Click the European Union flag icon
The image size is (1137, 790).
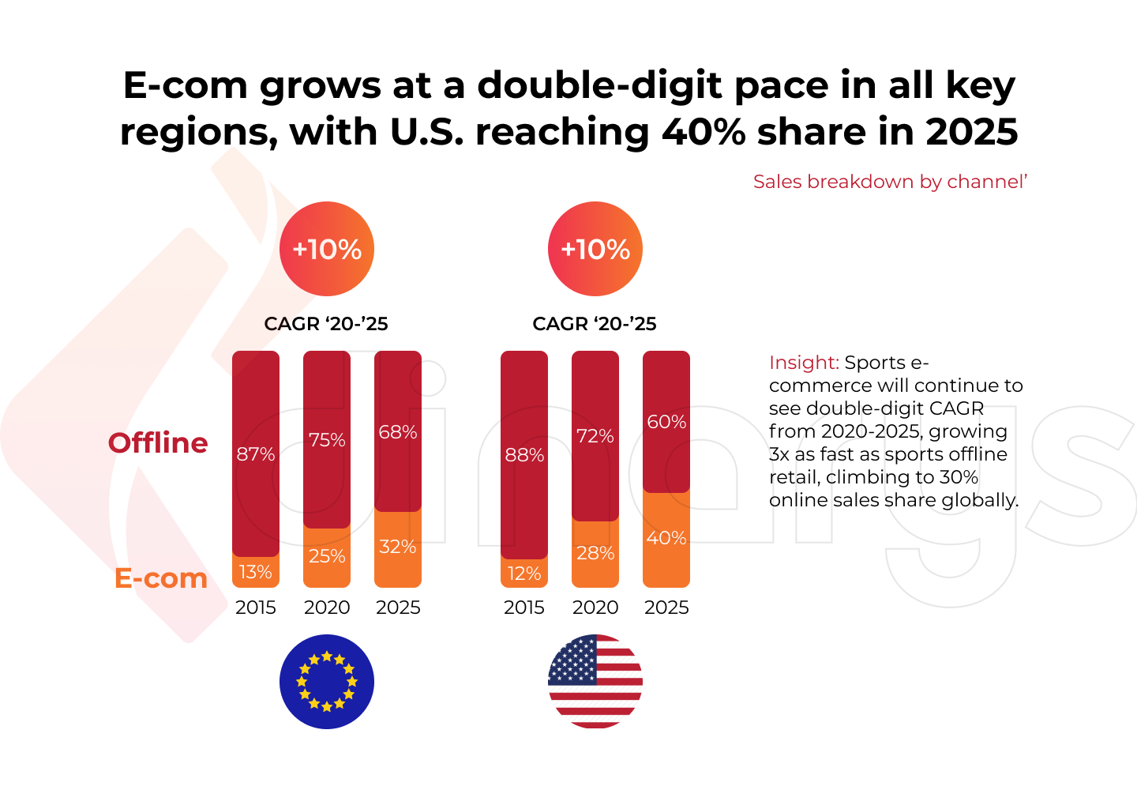[327, 682]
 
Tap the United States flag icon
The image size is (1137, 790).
[595, 682]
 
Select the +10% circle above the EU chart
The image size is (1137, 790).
[327, 250]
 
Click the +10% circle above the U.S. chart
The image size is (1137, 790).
[595, 250]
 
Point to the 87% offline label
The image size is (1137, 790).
[256, 454]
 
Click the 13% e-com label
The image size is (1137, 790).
[256, 572]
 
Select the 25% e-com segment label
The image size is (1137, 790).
[327, 556]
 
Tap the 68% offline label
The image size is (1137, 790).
[398, 432]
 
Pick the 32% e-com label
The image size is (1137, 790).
[398, 547]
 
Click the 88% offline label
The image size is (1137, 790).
[524, 455]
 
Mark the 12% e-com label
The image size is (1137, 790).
[524, 574]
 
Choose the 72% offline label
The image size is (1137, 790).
[595, 436]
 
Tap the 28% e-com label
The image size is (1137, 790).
[595, 553]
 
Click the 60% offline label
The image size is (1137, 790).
[666, 422]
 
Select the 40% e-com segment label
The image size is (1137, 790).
[666, 538]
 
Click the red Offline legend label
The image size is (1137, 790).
[158, 443]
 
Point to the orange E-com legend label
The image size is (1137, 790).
[161, 578]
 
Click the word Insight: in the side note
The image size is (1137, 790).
[804, 363]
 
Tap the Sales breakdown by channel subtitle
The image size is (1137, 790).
[890, 182]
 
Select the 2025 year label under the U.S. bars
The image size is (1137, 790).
[666, 608]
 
